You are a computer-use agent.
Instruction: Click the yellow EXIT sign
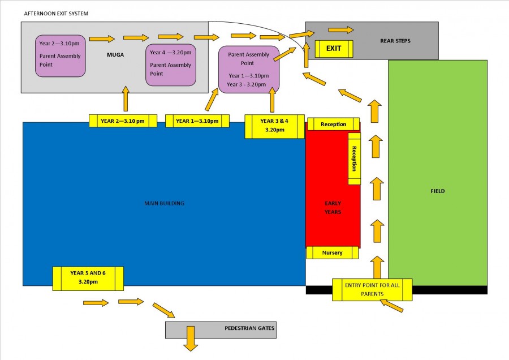pyautogui.click(x=334, y=49)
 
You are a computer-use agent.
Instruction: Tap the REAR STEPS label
pyautogui.click(x=395, y=41)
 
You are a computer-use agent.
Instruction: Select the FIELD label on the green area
pyautogui.click(x=438, y=191)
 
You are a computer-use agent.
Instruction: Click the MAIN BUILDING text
pyautogui.click(x=164, y=203)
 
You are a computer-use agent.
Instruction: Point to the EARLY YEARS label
pyautogui.click(x=333, y=208)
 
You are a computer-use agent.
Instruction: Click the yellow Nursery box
pyautogui.click(x=333, y=253)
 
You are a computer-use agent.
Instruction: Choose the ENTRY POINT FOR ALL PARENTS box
pyautogui.click(x=372, y=289)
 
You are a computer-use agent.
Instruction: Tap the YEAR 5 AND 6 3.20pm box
pyautogui.click(x=88, y=278)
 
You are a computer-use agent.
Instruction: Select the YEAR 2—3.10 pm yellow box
pyautogui.click(x=123, y=121)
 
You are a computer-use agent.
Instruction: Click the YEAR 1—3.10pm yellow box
pyautogui.click(x=197, y=121)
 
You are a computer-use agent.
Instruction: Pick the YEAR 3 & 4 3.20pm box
pyautogui.click(x=274, y=126)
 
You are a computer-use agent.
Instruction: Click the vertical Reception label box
pyautogui.click(x=354, y=158)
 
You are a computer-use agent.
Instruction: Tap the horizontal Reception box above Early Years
pyautogui.click(x=333, y=124)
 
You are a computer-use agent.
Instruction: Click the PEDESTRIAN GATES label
pyautogui.click(x=249, y=328)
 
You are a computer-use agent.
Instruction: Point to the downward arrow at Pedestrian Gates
pyautogui.click(x=191, y=338)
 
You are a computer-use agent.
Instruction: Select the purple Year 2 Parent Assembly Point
pyautogui.click(x=61, y=56)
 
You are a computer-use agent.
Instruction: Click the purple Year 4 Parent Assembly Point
pyautogui.click(x=171, y=65)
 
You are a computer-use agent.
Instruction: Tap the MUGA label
pyautogui.click(x=115, y=55)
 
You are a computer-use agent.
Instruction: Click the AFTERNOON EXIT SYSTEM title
pyautogui.click(x=56, y=14)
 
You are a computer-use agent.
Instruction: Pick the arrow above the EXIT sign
pyautogui.click(x=341, y=30)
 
